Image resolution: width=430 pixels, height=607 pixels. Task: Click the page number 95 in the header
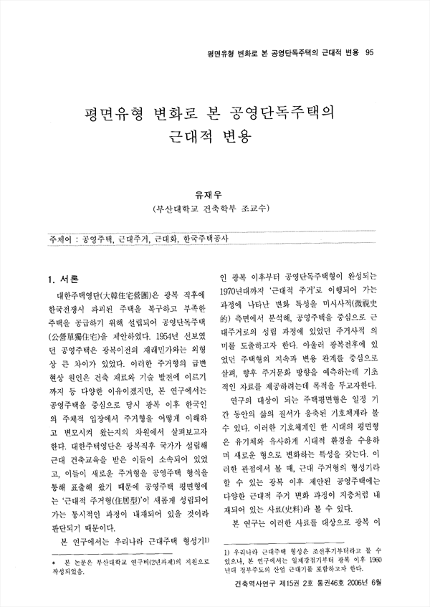click(x=370, y=52)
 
